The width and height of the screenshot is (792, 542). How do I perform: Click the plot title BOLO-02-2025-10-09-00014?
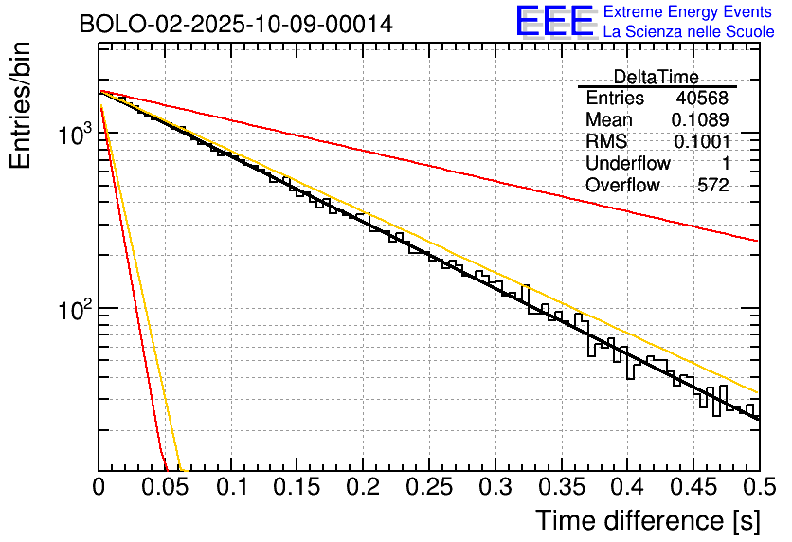coord(236,24)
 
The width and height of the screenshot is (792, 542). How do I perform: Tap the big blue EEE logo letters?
coord(554,21)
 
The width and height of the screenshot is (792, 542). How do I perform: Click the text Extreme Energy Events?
coord(689,11)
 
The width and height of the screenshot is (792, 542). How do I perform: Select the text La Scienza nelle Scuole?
coord(689,32)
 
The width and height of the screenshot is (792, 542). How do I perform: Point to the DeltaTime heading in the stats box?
coord(656,77)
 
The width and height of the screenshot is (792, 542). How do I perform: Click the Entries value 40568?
coord(702,99)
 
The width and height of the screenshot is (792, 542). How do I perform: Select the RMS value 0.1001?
coord(701,142)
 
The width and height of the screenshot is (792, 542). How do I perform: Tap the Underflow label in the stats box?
coord(627,164)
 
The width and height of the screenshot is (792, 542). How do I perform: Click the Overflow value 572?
coord(712,186)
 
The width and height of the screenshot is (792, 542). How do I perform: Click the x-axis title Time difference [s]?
coord(646,520)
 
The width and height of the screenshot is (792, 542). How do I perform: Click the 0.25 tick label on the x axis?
coord(429,487)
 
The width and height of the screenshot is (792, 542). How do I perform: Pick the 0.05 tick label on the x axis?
coord(165,487)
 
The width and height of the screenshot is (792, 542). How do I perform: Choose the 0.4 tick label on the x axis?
coord(627,487)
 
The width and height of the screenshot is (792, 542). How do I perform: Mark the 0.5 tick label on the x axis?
coord(758,487)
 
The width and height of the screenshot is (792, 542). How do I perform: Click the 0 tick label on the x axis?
coord(99,487)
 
